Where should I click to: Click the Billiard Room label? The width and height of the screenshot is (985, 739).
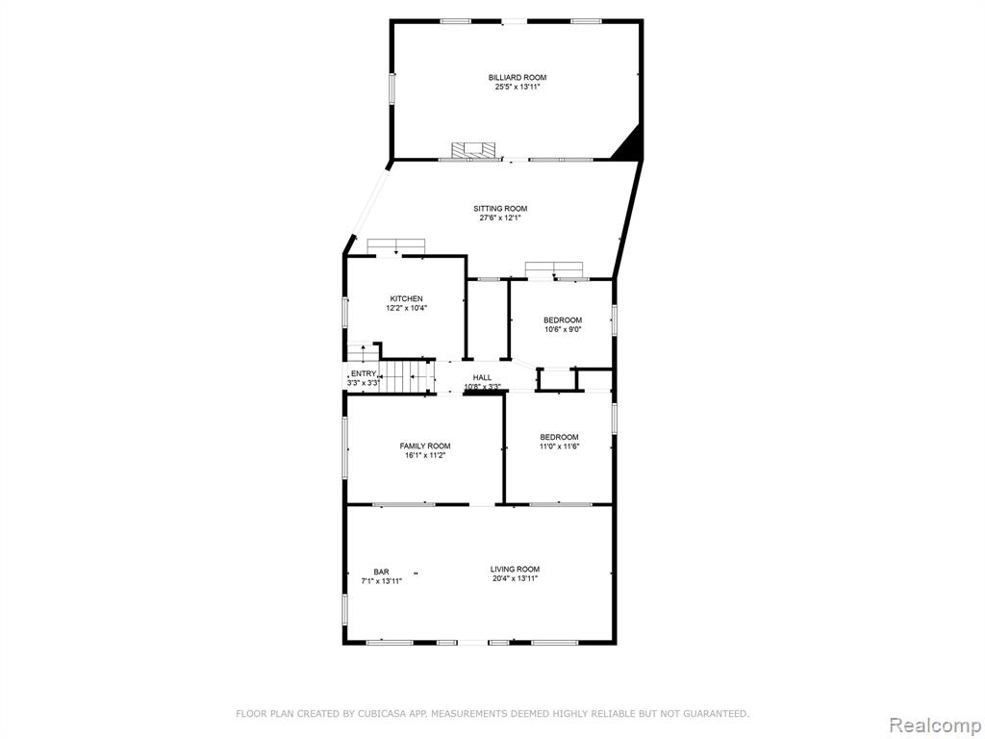coord(518,77)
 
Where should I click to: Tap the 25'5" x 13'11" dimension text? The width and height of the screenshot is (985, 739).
coord(518,88)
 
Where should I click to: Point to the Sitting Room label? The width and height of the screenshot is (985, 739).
coord(500,209)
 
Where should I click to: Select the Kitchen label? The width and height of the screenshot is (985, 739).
coord(407,298)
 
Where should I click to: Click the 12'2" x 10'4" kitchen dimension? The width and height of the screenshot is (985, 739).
coord(407,309)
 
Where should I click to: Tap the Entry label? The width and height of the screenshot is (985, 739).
coord(364,374)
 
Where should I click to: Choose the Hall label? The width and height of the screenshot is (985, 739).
coord(483,377)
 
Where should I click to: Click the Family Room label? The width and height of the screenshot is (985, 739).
coord(425,446)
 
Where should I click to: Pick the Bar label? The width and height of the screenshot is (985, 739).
coord(381,572)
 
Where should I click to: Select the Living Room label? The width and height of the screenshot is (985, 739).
coord(516,570)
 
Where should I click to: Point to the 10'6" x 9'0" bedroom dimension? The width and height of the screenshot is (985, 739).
coord(563,329)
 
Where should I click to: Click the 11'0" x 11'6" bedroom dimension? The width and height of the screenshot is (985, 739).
coord(559,446)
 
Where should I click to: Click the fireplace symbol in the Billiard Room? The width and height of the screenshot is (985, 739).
coord(473,151)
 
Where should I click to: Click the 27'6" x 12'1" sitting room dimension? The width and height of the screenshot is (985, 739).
coord(500,218)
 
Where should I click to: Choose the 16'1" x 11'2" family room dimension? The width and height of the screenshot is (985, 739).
coord(425,455)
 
